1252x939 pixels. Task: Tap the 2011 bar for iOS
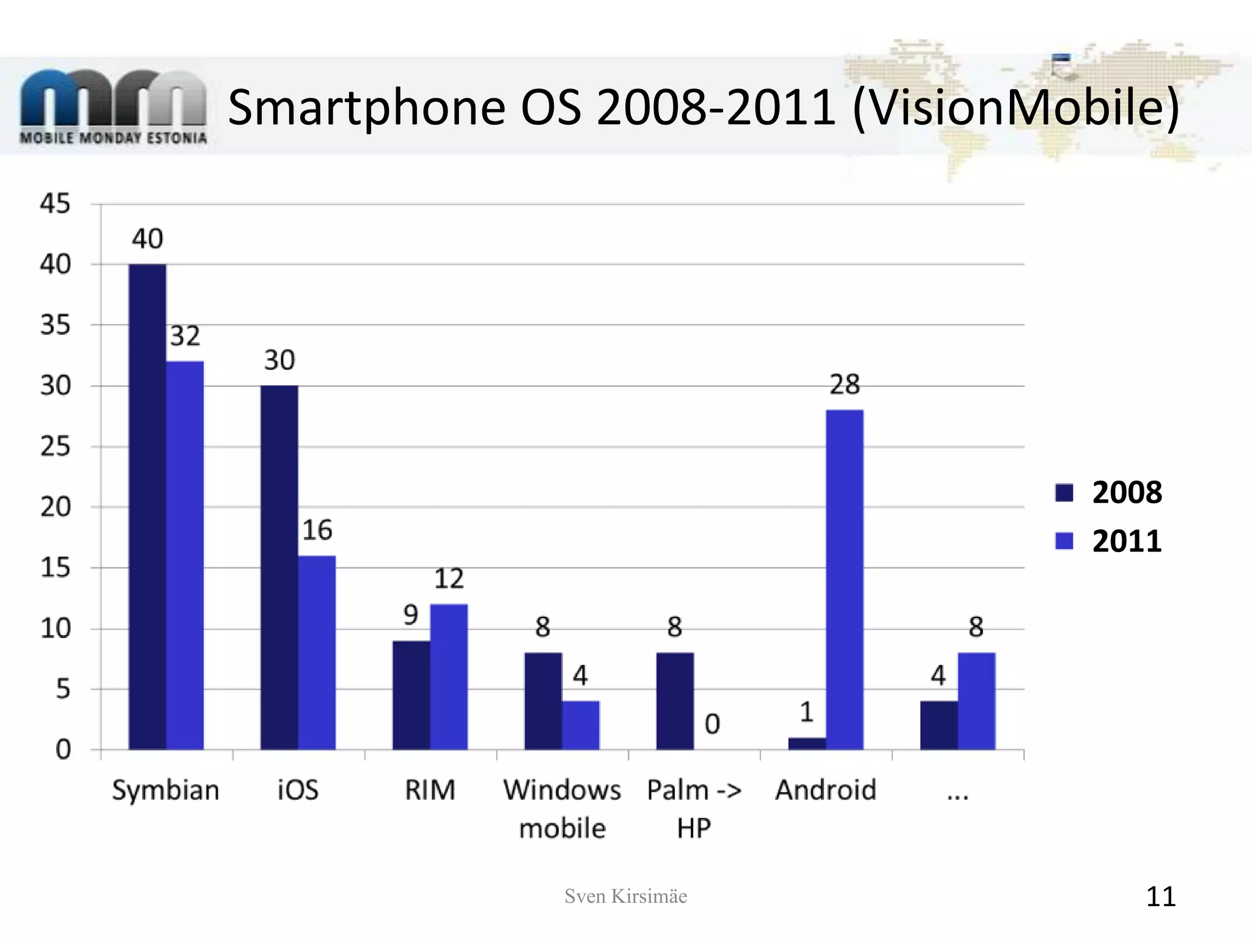[x=317, y=652]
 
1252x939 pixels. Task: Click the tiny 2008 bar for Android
[x=807, y=743]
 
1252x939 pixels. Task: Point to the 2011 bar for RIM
[x=449, y=677]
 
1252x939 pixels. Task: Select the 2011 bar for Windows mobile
[x=581, y=725]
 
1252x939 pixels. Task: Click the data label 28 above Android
[x=844, y=385]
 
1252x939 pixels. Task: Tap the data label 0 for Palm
[x=712, y=724]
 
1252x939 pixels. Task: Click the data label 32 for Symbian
[x=185, y=336]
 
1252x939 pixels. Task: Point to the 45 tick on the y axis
[x=56, y=204]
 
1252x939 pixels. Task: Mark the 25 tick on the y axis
[x=56, y=447]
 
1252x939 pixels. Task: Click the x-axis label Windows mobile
[x=562, y=808]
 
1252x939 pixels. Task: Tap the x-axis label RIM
[x=430, y=790]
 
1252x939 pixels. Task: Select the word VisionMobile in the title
[x=1015, y=108]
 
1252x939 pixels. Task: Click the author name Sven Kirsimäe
[x=625, y=896]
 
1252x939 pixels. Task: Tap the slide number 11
[x=1160, y=897]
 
